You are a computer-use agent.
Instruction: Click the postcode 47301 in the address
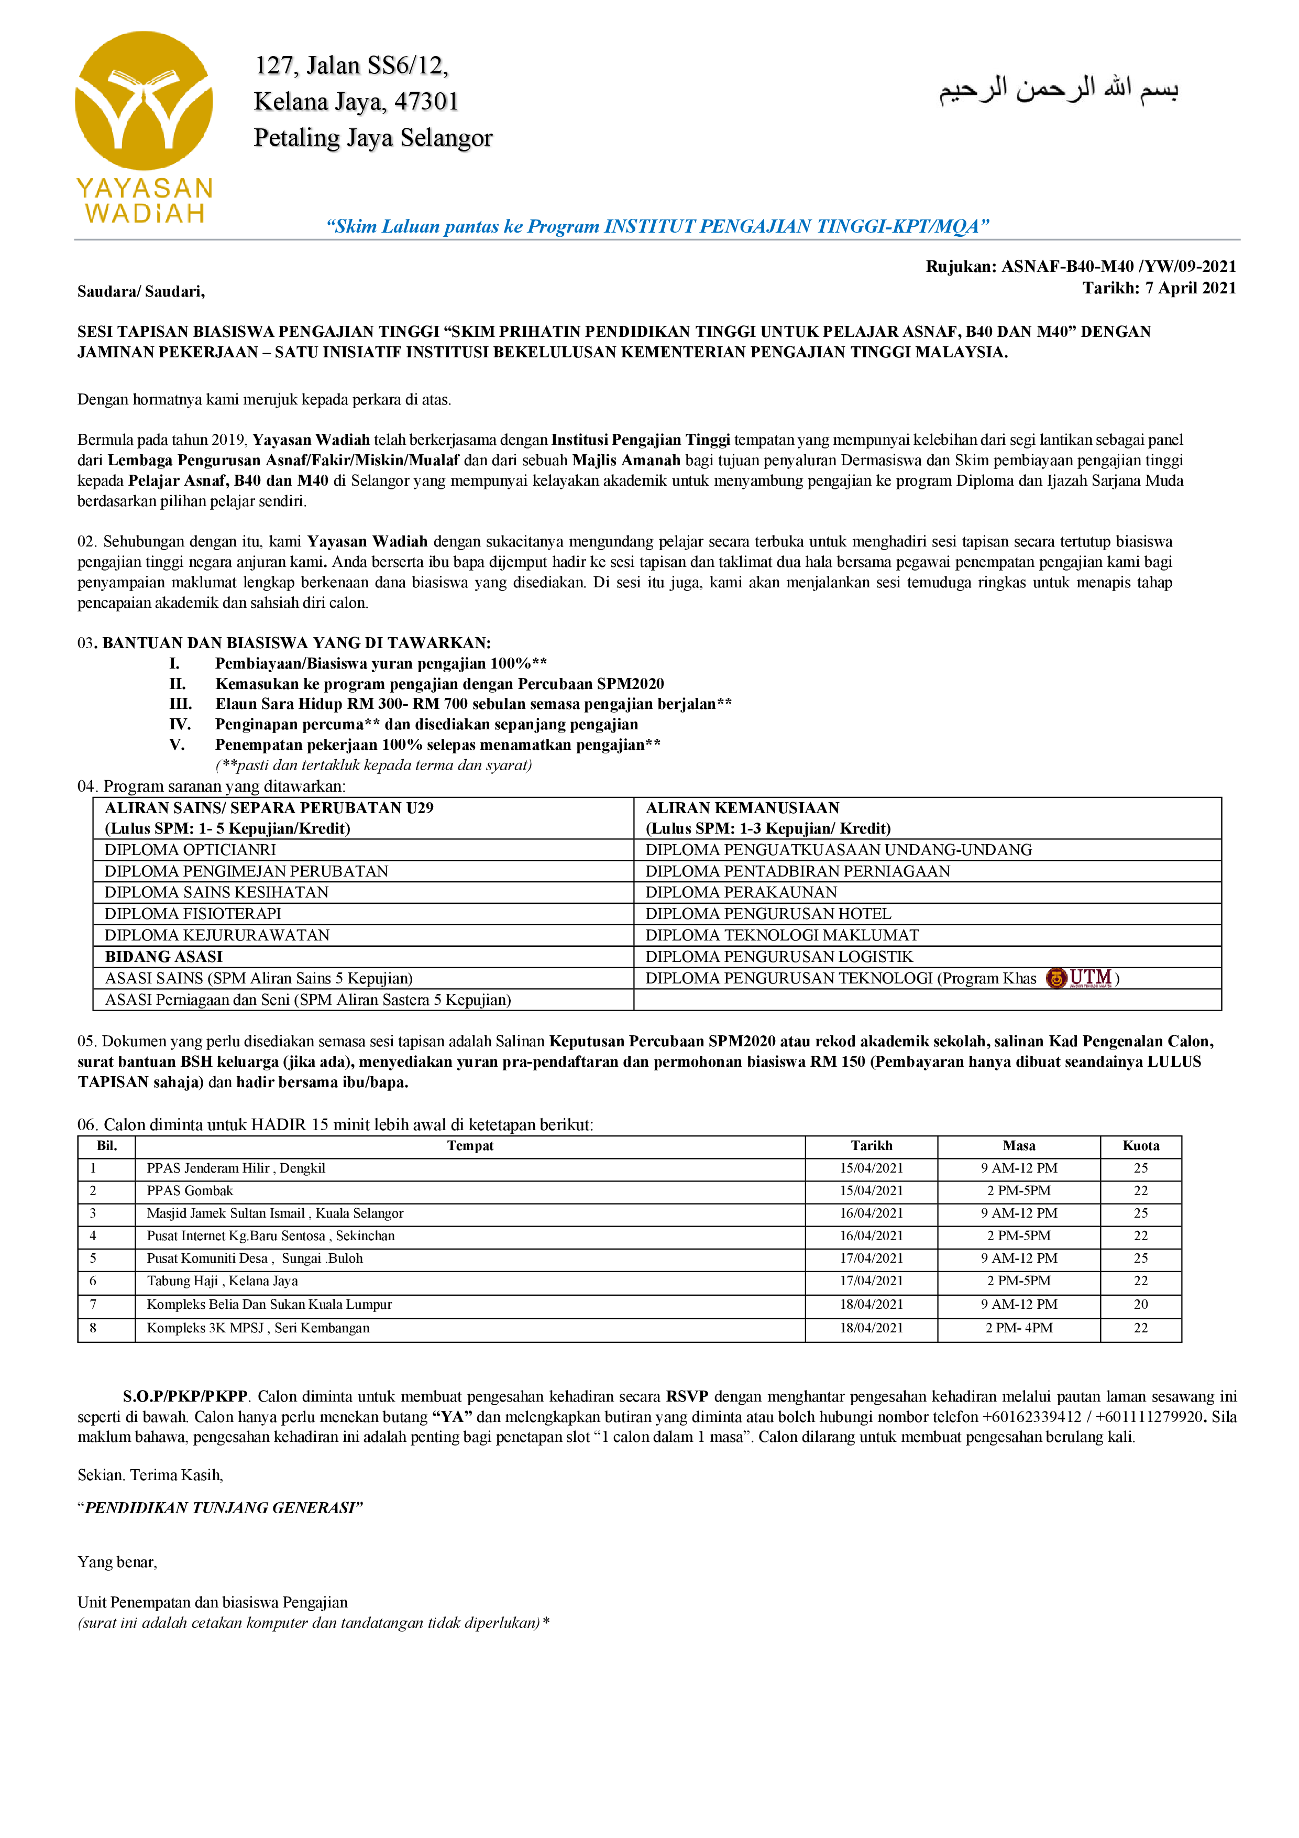coord(426,102)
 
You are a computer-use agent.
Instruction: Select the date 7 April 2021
coord(1187,288)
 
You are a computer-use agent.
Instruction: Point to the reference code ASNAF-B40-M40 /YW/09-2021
coord(1118,267)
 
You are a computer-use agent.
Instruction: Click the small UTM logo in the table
coord(1081,978)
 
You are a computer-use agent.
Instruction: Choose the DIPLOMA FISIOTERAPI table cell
coord(193,913)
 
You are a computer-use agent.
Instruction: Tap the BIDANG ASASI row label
coord(164,957)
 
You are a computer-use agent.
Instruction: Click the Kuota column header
coord(1140,1145)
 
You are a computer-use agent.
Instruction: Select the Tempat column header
coord(470,1145)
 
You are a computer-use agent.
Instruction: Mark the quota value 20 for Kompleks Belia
coord(1140,1304)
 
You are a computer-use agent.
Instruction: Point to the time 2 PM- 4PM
coord(1019,1327)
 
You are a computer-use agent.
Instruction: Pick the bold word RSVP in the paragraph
coord(687,1397)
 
